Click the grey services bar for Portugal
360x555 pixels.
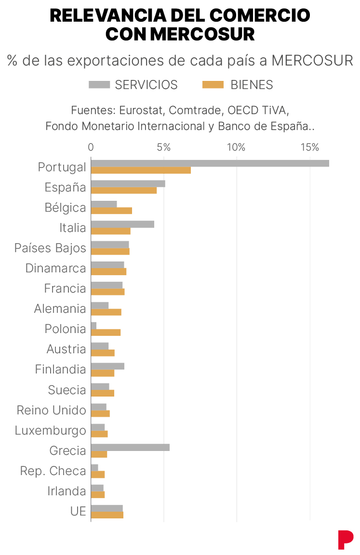pyautogui.click(x=210, y=163)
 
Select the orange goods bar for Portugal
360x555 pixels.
pyautogui.click(x=141, y=170)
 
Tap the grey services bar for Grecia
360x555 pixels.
pyautogui.click(x=130, y=447)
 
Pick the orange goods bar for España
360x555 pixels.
pyautogui.click(x=124, y=190)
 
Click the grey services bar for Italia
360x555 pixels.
pyautogui.click(x=122, y=224)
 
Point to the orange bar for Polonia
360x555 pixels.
pyautogui.click(x=106, y=332)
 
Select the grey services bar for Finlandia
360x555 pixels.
pyautogui.click(x=107, y=366)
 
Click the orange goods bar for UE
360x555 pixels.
pyautogui.click(x=107, y=515)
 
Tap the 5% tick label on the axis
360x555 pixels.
pyautogui.click(x=164, y=147)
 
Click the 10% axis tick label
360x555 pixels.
pyautogui.click(x=236, y=147)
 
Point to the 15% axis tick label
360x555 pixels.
pyautogui.click(x=309, y=147)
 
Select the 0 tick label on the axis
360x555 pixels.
pyautogui.click(x=91, y=147)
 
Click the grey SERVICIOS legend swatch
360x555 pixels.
pyautogui.click(x=99, y=85)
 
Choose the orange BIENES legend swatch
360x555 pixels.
pyautogui.click(x=213, y=85)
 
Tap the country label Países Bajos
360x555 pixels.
pyautogui.click(x=50, y=248)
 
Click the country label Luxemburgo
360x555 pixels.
pyautogui.click(x=51, y=430)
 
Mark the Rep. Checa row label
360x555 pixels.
pyautogui.click(x=53, y=471)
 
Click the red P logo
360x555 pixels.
pyautogui.click(x=345, y=539)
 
